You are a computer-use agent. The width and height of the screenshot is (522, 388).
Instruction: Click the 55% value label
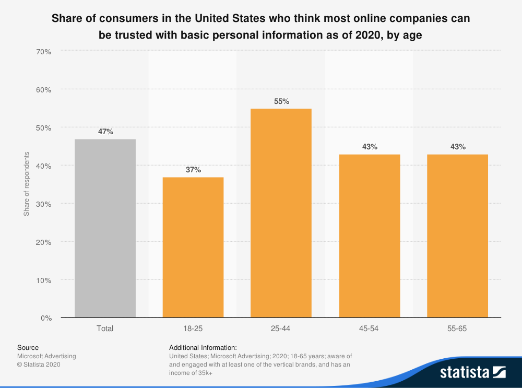(x=281, y=101)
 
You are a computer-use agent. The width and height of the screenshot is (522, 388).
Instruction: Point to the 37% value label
(x=193, y=170)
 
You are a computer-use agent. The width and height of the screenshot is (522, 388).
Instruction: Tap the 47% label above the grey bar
(x=105, y=132)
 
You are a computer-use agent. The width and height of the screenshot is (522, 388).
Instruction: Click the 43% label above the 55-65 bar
(x=458, y=147)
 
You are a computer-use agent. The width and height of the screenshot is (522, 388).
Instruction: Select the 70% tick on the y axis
(x=44, y=51)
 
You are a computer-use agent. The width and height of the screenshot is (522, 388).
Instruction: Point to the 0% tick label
(x=46, y=318)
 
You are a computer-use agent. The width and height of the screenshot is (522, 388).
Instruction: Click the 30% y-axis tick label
(x=44, y=204)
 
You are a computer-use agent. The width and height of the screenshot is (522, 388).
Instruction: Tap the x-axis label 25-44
(x=281, y=328)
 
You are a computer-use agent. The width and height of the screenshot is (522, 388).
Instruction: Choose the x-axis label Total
(x=105, y=328)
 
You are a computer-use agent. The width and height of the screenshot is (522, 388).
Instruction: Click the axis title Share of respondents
(x=26, y=184)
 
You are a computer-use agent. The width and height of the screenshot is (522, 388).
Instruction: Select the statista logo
(x=473, y=372)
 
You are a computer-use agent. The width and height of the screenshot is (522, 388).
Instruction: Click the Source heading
(x=28, y=347)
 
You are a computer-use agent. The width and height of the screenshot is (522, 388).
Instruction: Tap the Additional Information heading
(x=203, y=347)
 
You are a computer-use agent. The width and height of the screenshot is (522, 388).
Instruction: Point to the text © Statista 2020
(x=39, y=365)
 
